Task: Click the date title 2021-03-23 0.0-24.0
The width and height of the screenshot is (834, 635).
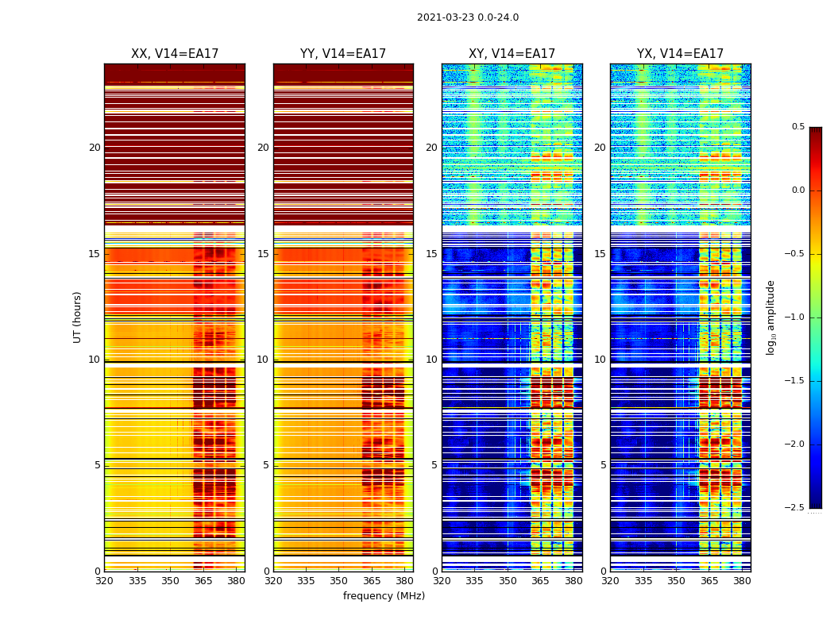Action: tap(468, 17)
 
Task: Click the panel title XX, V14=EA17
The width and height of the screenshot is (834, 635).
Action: tap(175, 54)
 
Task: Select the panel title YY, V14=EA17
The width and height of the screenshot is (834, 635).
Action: tap(343, 54)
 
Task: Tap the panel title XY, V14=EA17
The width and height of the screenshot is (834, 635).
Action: tap(512, 54)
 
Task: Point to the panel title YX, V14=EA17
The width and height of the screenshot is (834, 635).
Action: tap(680, 54)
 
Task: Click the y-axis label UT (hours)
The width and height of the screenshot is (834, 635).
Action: tap(78, 317)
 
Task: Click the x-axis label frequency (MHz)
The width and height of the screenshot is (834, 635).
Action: tap(384, 596)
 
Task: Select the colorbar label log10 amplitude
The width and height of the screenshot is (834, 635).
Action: tap(770, 317)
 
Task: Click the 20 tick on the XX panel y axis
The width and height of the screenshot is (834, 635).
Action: tap(95, 148)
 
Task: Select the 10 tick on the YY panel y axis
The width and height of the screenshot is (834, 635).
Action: tap(263, 360)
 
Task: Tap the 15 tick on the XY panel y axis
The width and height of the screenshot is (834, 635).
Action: tap(431, 254)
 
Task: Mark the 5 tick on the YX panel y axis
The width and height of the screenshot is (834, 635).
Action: tap(603, 465)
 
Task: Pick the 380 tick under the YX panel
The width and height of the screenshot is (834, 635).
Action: tap(742, 581)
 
